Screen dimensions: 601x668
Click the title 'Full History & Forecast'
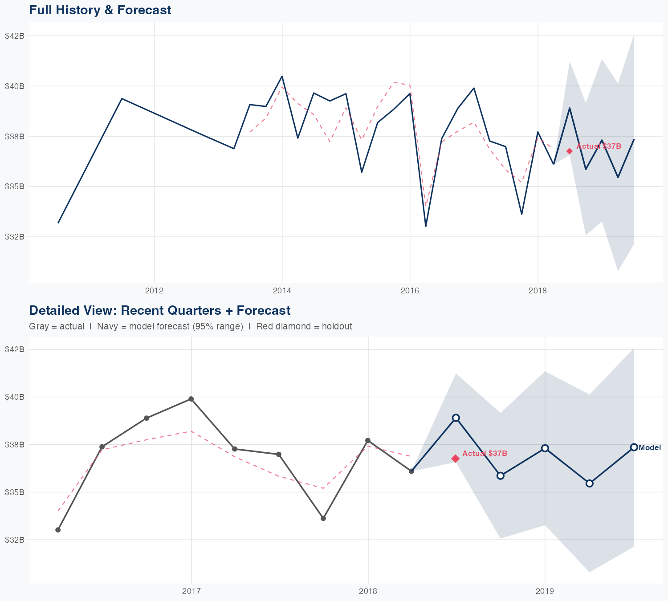pyautogui.click(x=100, y=10)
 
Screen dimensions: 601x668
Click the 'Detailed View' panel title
pyautogui.click(x=159, y=310)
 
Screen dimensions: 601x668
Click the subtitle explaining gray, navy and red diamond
pyautogui.click(x=190, y=326)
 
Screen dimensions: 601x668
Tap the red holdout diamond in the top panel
pyautogui.click(x=569, y=151)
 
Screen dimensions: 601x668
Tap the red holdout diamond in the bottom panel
pyautogui.click(x=455, y=459)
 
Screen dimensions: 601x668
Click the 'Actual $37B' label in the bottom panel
pyautogui.click(x=485, y=453)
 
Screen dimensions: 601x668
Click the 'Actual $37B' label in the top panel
pyautogui.click(x=599, y=146)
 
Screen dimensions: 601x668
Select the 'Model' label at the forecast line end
pyautogui.click(x=650, y=448)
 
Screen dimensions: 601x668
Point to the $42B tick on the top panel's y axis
pyautogui.click(x=14, y=36)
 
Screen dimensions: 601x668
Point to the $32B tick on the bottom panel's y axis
pyautogui.click(x=14, y=540)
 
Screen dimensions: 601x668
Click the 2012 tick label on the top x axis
pyautogui.click(x=154, y=291)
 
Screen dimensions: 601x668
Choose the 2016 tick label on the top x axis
pyautogui.click(x=410, y=291)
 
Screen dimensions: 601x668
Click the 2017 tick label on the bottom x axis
pyautogui.click(x=191, y=591)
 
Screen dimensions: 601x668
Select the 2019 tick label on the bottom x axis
pyautogui.click(x=545, y=591)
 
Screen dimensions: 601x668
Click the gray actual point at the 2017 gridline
pyautogui.click(x=191, y=399)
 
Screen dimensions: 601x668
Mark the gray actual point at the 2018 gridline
pyautogui.click(x=368, y=440)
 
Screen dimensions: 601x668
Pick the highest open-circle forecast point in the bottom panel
pyautogui.click(x=456, y=418)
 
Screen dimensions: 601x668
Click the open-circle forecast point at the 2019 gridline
pyautogui.click(x=545, y=448)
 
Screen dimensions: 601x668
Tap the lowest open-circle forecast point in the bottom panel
pyautogui.click(x=589, y=483)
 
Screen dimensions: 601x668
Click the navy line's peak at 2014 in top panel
pyautogui.click(x=282, y=76)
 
